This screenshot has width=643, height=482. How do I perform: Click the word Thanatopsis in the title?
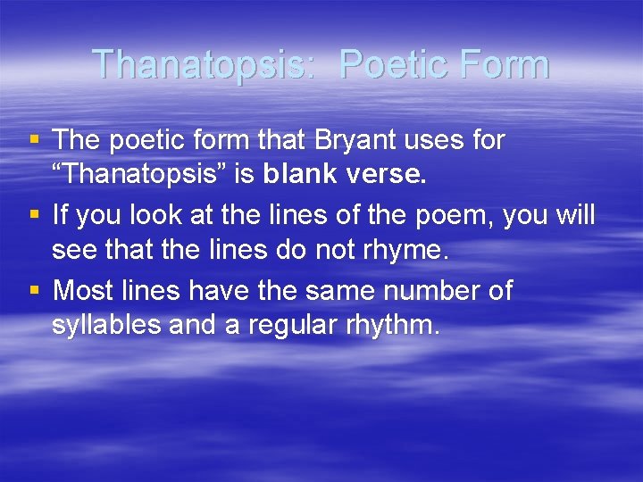pos(203,64)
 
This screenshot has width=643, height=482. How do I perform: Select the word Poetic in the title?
pos(386,64)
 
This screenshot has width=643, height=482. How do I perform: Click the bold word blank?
pos(302,175)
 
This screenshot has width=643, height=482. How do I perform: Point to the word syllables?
pos(105,326)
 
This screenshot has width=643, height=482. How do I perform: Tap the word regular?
pos(294,326)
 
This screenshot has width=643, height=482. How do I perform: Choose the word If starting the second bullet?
pos(60,214)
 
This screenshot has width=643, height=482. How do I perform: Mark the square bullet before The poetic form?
pos(35,140)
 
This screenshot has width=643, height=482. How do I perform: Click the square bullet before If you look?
pos(35,215)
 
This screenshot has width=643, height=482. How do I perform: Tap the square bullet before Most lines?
pos(35,290)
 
